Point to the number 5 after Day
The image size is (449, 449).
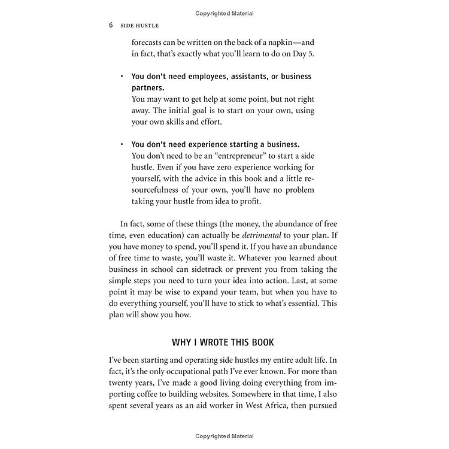[309, 54]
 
